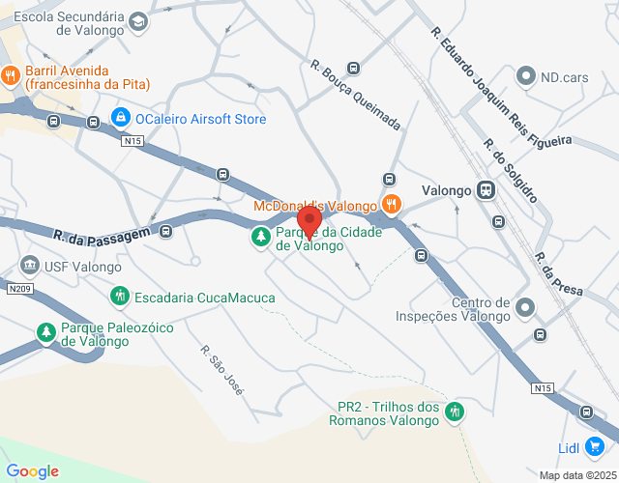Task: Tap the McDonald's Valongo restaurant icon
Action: point(391,205)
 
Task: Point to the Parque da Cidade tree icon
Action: point(260,236)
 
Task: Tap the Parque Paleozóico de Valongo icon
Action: point(45,332)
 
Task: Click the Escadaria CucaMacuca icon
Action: point(119,295)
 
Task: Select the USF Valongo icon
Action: point(29,266)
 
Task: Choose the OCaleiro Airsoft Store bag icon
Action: point(120,119)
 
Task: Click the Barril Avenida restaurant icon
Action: point(11,74)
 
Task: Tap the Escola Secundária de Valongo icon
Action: point(138,21)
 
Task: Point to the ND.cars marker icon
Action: point(525,74)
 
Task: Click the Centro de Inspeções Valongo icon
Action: point(524,307)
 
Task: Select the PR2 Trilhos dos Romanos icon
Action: point(455,412)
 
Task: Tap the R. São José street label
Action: point(221,369)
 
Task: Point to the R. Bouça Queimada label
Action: point(355,97)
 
